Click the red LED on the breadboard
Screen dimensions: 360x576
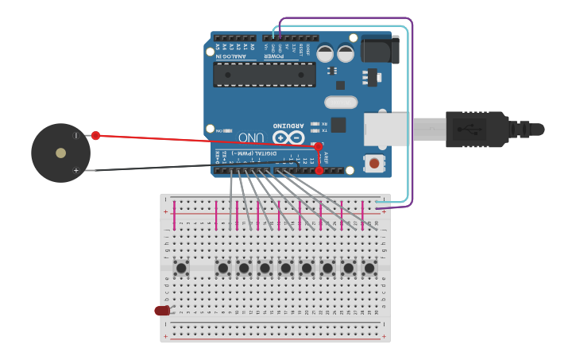162,311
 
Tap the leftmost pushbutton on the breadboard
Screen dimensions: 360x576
181,268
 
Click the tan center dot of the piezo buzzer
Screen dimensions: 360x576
60,153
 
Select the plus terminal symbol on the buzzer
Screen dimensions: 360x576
76,170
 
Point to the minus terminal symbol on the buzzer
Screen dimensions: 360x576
76,136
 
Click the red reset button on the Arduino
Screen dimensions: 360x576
374,164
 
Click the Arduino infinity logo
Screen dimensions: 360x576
288,137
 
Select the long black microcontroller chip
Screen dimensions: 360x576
265,75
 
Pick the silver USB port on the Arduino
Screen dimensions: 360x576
386,130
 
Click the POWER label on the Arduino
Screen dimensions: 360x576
274,56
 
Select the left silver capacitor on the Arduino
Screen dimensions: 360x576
325,53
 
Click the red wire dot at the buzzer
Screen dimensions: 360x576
95,135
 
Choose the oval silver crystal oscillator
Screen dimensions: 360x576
341,102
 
